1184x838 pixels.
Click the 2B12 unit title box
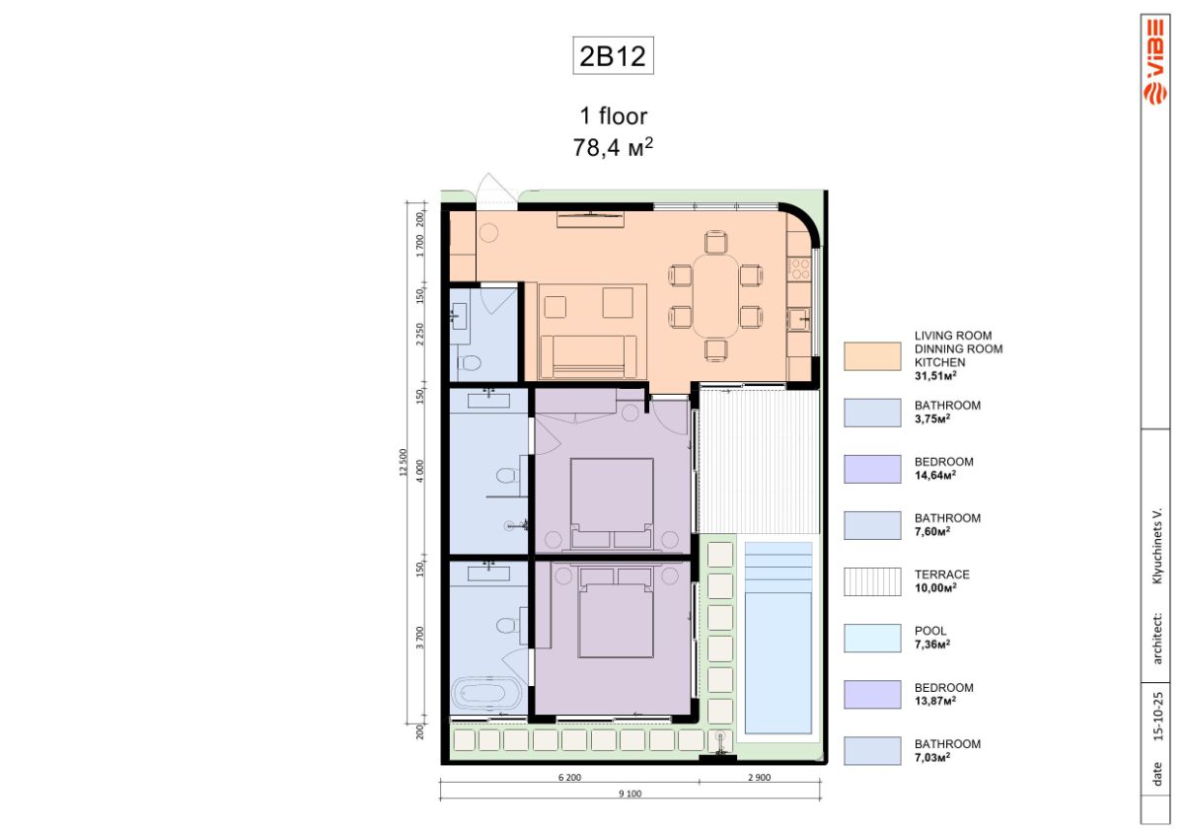613,55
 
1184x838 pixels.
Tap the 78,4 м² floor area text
613,147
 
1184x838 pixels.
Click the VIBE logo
1155,62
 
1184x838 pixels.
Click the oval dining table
715,296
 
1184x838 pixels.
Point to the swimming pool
778,637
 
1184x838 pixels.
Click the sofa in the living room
588,356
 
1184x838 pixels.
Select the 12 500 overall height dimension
404,463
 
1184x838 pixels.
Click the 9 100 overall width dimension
630,794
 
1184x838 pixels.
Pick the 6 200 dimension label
569,777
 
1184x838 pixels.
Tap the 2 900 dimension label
759,777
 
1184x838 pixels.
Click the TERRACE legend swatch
872,581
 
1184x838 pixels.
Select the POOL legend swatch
872,639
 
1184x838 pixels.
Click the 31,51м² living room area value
935,376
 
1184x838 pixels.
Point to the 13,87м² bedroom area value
935,701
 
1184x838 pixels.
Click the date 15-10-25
1157,716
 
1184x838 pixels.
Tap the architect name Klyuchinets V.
1157,546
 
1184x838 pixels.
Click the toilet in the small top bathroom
470,363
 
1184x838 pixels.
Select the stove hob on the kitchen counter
799,268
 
